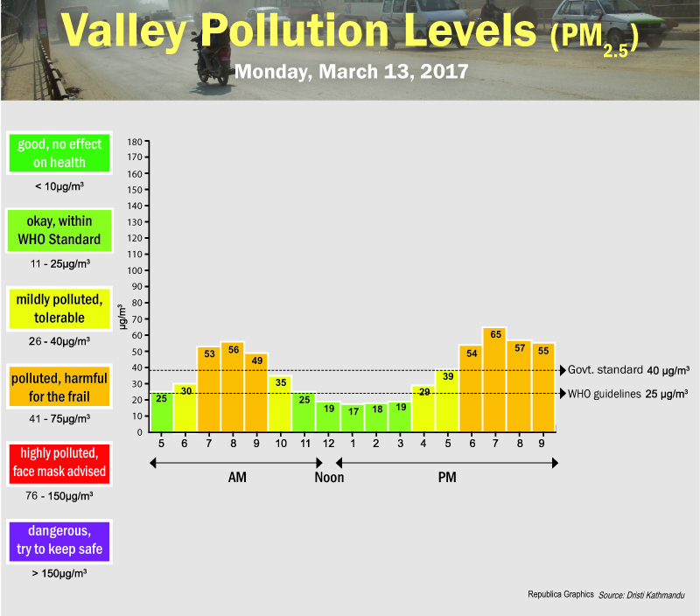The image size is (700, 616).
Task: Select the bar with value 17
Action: point(353,417)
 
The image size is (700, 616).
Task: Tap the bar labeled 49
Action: point(256,392)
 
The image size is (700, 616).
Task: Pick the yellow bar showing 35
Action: point(280,403)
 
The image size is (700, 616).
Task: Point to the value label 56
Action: point(233,348)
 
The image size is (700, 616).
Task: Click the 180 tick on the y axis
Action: point(134,141)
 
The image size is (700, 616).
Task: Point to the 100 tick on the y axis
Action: point(134,270)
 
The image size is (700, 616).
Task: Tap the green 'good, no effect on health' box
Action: point(59,153)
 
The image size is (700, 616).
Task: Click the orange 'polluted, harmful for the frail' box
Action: point(59,387)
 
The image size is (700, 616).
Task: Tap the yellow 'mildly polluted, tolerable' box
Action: point(59,308)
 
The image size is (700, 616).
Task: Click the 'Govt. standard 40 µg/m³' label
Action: point(628,369)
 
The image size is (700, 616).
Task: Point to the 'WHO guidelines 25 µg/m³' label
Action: point(628,394)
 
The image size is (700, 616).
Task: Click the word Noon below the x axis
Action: point(329,478)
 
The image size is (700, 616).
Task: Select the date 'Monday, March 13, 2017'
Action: point(352,70)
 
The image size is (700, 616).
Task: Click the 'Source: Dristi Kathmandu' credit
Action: point(641,595)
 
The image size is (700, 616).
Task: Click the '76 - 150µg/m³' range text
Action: point(59,495)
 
